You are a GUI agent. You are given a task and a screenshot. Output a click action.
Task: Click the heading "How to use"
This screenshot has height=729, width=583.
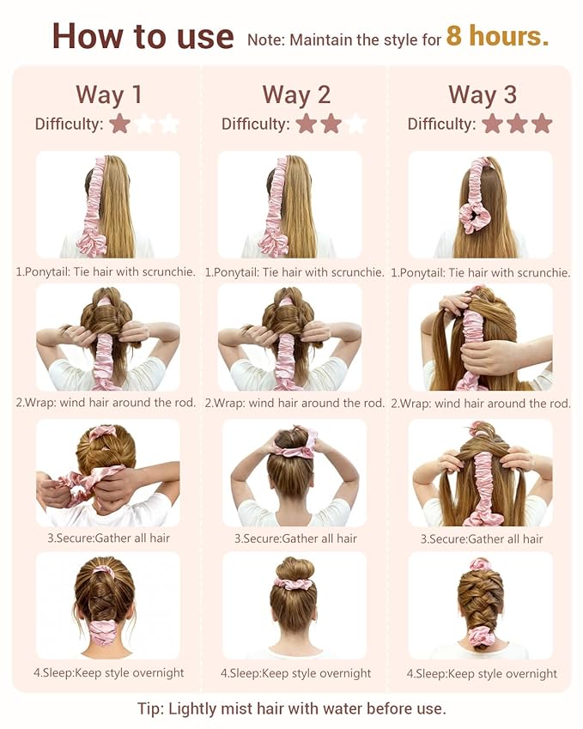click(x=143, y=36)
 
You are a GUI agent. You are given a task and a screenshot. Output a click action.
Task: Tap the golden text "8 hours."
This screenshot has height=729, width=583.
click(x=497, y=35)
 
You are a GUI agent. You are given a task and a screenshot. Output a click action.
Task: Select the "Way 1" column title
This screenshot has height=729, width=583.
click(x=109, y=94)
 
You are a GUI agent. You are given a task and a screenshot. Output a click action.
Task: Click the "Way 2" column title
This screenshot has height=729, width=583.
click(x=296, y=94)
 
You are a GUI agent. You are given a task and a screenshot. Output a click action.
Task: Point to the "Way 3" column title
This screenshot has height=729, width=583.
click(x=483, y=94)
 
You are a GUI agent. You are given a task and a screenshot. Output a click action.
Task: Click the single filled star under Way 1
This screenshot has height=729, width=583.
click(x=120, y=124)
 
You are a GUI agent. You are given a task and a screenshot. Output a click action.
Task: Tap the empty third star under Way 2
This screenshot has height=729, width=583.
click(x=355, y=124)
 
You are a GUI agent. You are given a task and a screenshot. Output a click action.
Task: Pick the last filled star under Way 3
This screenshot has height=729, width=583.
click(x=541, y=124)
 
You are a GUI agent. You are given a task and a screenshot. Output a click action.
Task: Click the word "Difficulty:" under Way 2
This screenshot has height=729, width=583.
click(x=255, y=125)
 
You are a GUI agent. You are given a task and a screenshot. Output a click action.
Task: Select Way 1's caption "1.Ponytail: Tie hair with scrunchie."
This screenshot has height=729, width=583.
click(x=106, y=272)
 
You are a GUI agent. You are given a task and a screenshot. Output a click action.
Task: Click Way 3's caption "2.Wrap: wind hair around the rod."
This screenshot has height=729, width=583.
click(x=481, y=404)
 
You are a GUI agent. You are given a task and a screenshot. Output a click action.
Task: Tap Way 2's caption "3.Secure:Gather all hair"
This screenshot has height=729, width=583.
click(x=295, y=539)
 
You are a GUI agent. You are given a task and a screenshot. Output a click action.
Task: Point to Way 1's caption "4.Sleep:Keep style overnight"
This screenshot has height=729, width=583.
click(x=109, y=672)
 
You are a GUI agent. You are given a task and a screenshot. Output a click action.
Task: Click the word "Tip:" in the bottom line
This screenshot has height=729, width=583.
click(x=150, y=709)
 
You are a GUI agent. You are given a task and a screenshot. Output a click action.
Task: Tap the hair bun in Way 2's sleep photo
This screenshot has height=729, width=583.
click(x=295, y=568)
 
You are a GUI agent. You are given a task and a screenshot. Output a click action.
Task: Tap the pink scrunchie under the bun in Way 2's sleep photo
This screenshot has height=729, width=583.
click(x=294, y=583)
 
